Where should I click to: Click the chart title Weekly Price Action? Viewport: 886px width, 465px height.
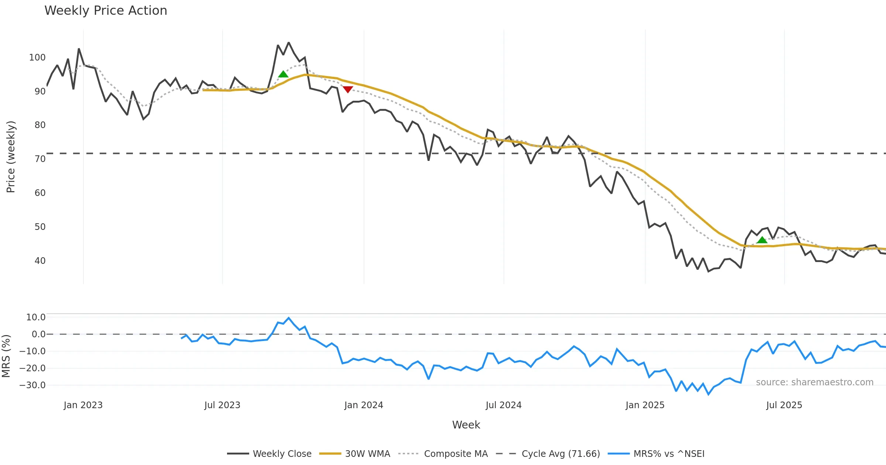tap(106, 11)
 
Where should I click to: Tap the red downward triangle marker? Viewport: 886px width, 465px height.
tap(348, 89)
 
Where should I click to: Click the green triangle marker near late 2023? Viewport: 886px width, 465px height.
tap(283, 74)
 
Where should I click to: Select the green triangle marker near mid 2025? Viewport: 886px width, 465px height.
tap(762, 240)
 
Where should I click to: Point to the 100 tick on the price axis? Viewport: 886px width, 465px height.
tap(37, 58)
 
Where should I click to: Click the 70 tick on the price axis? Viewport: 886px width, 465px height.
tap(40, 159)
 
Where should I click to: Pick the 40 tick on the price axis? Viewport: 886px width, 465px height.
tap(40, 261)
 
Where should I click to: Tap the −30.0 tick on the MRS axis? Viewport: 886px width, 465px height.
tap(32, 385)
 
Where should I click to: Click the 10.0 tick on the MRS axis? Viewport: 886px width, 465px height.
tap(36, 317)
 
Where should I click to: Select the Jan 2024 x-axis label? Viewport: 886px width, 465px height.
tap(364, 405)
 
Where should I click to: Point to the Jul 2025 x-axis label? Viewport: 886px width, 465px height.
tap(784, 405)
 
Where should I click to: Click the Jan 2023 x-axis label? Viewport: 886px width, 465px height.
tap(83, 405)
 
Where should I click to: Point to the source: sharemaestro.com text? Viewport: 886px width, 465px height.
tap(814, 382)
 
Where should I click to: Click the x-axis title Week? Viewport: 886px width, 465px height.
tap(466, 425)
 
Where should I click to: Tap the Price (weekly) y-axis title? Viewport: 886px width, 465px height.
tap(11, 157)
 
